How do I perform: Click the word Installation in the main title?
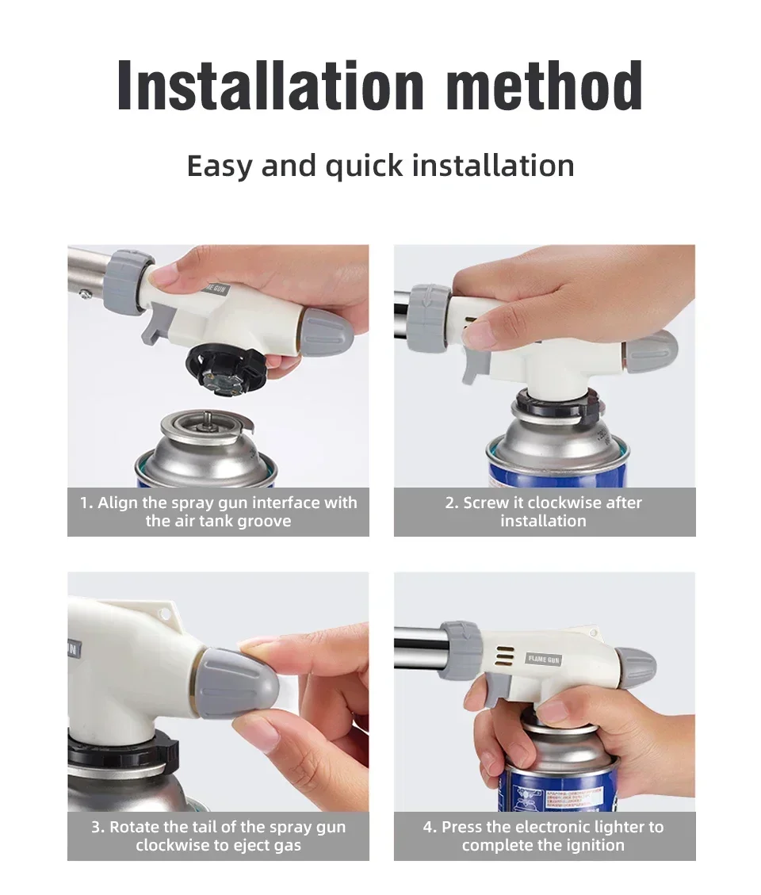pos(270,86)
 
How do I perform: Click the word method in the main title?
pos(544,86)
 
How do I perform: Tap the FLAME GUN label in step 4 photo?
pos(544,660)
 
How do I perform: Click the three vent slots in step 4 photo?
pos(504,657)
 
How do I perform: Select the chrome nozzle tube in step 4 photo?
pos(419,647)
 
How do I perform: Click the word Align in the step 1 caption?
pos(117,503)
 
